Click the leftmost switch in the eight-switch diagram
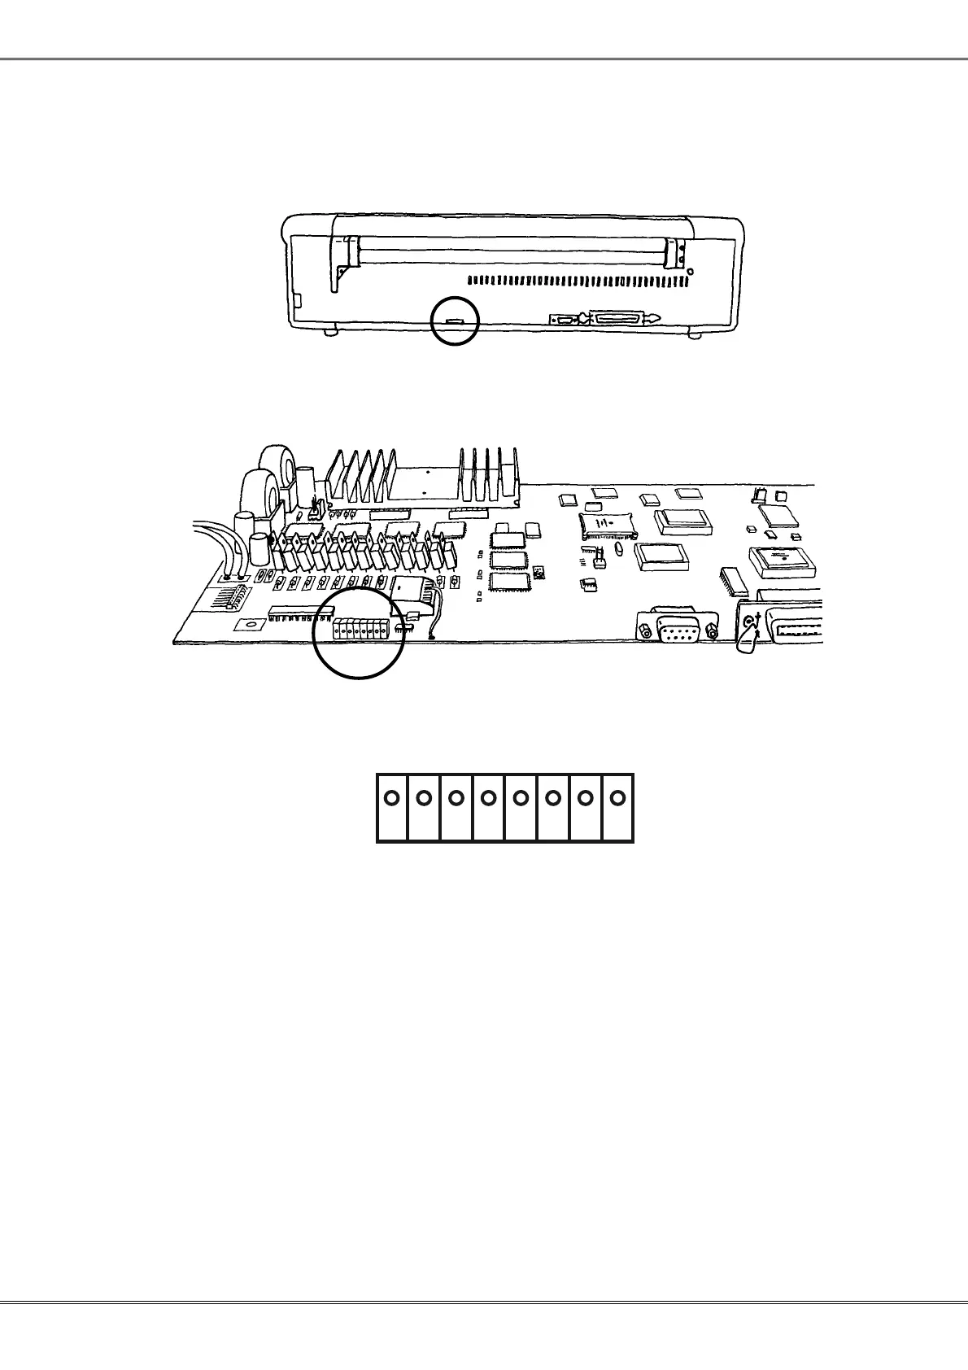point(391,806)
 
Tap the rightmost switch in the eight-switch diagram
point(617,806)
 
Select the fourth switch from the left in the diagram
point(488,806)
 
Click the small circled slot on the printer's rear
point(455,322)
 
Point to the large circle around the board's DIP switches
point(360,631)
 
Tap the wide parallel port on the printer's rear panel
point(624,318)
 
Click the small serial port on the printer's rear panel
point(564,320)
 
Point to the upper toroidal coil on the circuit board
point(272,465)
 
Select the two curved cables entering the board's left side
point(211,547)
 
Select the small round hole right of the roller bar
point(690,272)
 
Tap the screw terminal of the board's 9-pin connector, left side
point(645,629)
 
